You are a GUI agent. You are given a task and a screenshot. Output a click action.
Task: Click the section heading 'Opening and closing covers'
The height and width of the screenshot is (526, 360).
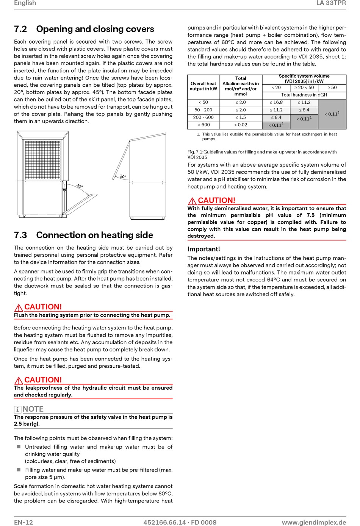tap(95, 29)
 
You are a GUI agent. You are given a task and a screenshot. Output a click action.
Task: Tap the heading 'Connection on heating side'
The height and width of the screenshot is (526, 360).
tap(94, 235)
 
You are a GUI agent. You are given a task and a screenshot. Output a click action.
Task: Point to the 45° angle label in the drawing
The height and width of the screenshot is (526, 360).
tap(80, 186)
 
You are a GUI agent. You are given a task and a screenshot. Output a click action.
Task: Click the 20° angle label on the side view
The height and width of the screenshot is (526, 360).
tap(123, 176)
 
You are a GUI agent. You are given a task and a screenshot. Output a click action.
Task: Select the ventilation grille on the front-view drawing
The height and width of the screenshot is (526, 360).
tap(43, 160)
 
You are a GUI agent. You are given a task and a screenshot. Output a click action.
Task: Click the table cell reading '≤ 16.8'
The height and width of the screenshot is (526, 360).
tap(276, 102)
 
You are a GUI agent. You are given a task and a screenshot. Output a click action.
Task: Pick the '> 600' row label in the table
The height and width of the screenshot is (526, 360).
tap(203, 125)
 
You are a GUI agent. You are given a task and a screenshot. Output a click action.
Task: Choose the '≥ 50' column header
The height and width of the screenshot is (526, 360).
tap(332, 87)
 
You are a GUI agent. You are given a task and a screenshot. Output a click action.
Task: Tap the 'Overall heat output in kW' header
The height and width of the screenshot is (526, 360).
tap(203, 86)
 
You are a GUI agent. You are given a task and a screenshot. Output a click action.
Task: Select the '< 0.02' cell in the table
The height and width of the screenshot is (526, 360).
tap(240, 125)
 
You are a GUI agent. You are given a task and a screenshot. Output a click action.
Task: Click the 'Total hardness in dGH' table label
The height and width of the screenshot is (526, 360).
tap(304, 95)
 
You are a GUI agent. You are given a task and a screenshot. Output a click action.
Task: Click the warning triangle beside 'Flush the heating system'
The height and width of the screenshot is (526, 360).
tap(19, 307)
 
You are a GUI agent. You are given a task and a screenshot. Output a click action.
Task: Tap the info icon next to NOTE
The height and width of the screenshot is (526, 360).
tap(17, 410)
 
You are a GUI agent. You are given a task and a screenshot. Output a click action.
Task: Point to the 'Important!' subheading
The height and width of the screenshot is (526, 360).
tap(204, 249)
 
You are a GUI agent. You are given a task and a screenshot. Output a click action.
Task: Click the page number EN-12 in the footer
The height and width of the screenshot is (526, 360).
tap(23, 522)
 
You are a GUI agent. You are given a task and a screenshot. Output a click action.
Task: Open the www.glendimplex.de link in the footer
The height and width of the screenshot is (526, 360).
tap(314, 522)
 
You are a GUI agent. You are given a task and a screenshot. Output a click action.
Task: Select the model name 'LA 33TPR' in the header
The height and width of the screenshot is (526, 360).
tap(331, 3)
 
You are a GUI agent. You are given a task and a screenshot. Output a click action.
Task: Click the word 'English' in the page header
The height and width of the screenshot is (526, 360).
tap(25, 3)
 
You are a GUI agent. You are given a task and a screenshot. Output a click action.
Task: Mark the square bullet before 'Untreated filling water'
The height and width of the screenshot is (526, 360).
tap(19, 446)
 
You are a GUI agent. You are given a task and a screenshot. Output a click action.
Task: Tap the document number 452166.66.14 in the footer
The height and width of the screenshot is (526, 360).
tap(164, 522)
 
